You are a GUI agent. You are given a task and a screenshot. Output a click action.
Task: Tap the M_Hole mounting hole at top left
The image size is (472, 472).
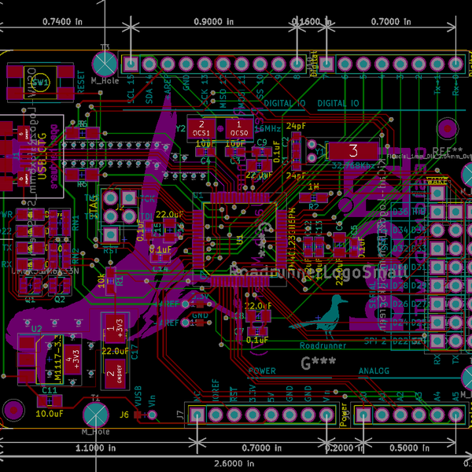[105, 62]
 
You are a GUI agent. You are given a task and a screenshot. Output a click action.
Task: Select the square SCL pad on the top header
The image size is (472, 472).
[131, 64]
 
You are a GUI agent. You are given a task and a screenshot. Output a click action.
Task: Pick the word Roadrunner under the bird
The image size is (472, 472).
[323, 345]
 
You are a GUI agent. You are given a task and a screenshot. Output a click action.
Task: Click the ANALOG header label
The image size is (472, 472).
[374, 371]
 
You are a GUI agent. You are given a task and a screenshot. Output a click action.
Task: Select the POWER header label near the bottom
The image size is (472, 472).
[262, 371]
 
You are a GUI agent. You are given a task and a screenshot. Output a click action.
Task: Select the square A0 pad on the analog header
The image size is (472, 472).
[364, 415]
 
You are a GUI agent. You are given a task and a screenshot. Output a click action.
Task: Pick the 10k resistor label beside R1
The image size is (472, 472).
[101, 280]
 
